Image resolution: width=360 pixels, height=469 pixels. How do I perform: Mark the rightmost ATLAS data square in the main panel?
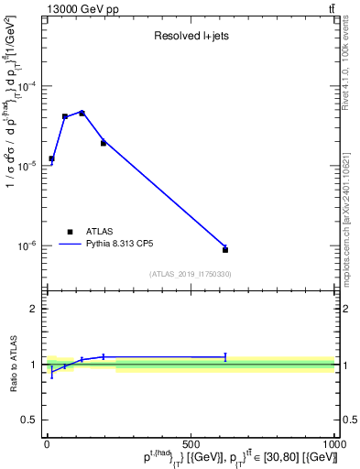click(x=225, y=249)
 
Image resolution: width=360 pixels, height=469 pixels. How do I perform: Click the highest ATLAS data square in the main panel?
click(x=108, y=113)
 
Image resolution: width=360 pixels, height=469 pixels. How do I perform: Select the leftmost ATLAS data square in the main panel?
click(x=51, y=158)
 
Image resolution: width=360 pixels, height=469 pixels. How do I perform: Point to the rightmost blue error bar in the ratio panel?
click(x=225, y=357)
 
